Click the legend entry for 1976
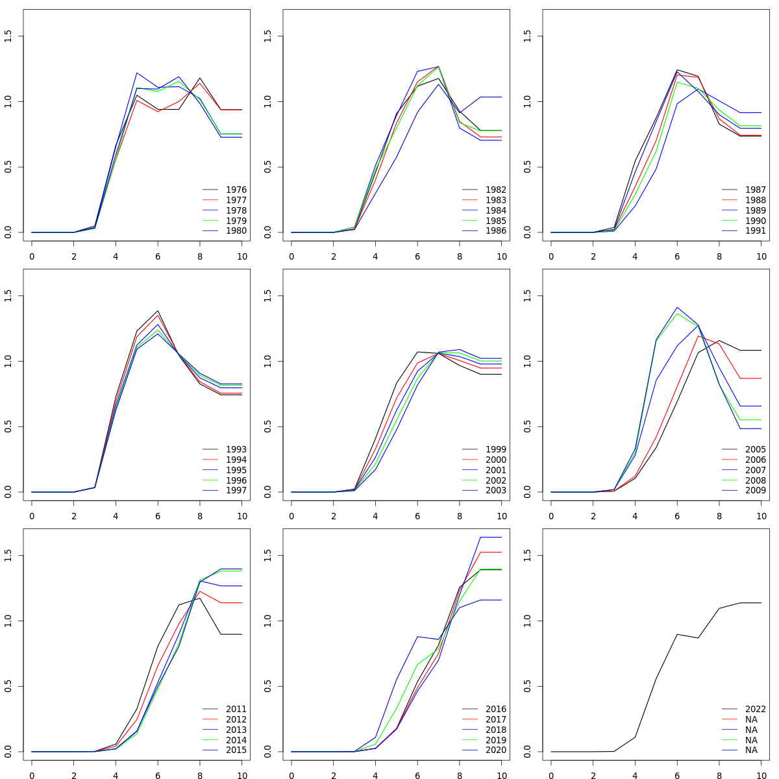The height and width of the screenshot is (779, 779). [236, 190]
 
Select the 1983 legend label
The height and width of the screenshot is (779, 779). [495, 200]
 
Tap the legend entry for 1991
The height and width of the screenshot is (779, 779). [755, 230]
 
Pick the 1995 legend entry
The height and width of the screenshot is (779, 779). [236, 470]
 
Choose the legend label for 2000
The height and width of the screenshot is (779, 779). [495, 460]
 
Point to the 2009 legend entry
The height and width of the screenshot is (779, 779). [755, 490]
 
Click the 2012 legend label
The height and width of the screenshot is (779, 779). [236, 719]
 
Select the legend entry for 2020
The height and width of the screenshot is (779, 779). [495, 750]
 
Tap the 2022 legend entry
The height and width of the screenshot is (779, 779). [755, 709]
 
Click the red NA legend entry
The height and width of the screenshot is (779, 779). [751, 719]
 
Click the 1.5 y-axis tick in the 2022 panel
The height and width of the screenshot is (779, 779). [527, 556]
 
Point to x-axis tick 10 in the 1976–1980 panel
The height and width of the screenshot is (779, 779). [241, 256]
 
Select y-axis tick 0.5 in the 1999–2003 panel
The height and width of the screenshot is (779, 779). [267, 427]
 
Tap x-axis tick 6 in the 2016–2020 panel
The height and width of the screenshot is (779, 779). [417, 776]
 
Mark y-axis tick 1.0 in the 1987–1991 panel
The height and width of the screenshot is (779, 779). [527, 101]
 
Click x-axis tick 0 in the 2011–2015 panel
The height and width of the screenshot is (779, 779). [32, 776]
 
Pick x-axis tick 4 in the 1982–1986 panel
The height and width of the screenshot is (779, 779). [375, 256]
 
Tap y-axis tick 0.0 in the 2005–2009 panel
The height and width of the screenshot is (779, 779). [527, 492]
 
